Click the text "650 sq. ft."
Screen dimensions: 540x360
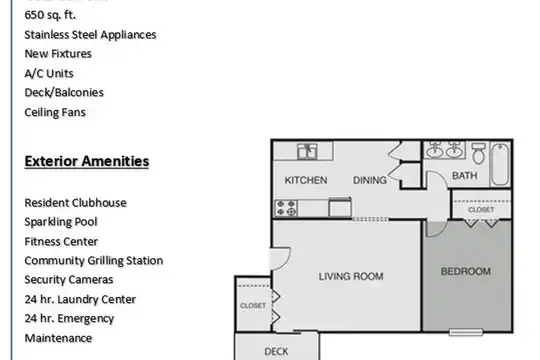[x=50, y=15]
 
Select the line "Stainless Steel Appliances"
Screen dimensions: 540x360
[x=90, y=34]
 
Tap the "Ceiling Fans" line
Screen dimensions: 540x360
[x=55, y=112]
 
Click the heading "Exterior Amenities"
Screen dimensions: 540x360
[x=87, y=161]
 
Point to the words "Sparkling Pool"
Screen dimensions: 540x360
[x=61, y=222]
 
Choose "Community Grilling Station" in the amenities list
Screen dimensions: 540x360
[x=94, y=260]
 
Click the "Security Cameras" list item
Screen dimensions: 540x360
[x=69, y=279]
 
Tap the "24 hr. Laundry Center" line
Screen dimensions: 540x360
[x=80, y=299]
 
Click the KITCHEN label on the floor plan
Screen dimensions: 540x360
[x=306, y=180]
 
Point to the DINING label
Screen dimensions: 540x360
[x=370, y=180]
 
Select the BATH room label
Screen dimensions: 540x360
[x=465, y=176]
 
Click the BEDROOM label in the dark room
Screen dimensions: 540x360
[x=466, y=271]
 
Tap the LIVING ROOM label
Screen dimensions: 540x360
[x=351, y=276]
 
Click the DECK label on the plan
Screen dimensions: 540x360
[x=276, y=351]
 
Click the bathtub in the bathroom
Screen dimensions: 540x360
[x=500, y=164]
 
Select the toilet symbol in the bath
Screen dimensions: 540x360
[x=478, y=153]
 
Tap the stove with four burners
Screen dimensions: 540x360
[x=286, y=208]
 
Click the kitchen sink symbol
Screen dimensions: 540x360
[x=307, y=152]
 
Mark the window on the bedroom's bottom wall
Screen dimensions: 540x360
[x=466, y=332]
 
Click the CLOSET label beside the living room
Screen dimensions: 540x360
[x=253, y=306]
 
